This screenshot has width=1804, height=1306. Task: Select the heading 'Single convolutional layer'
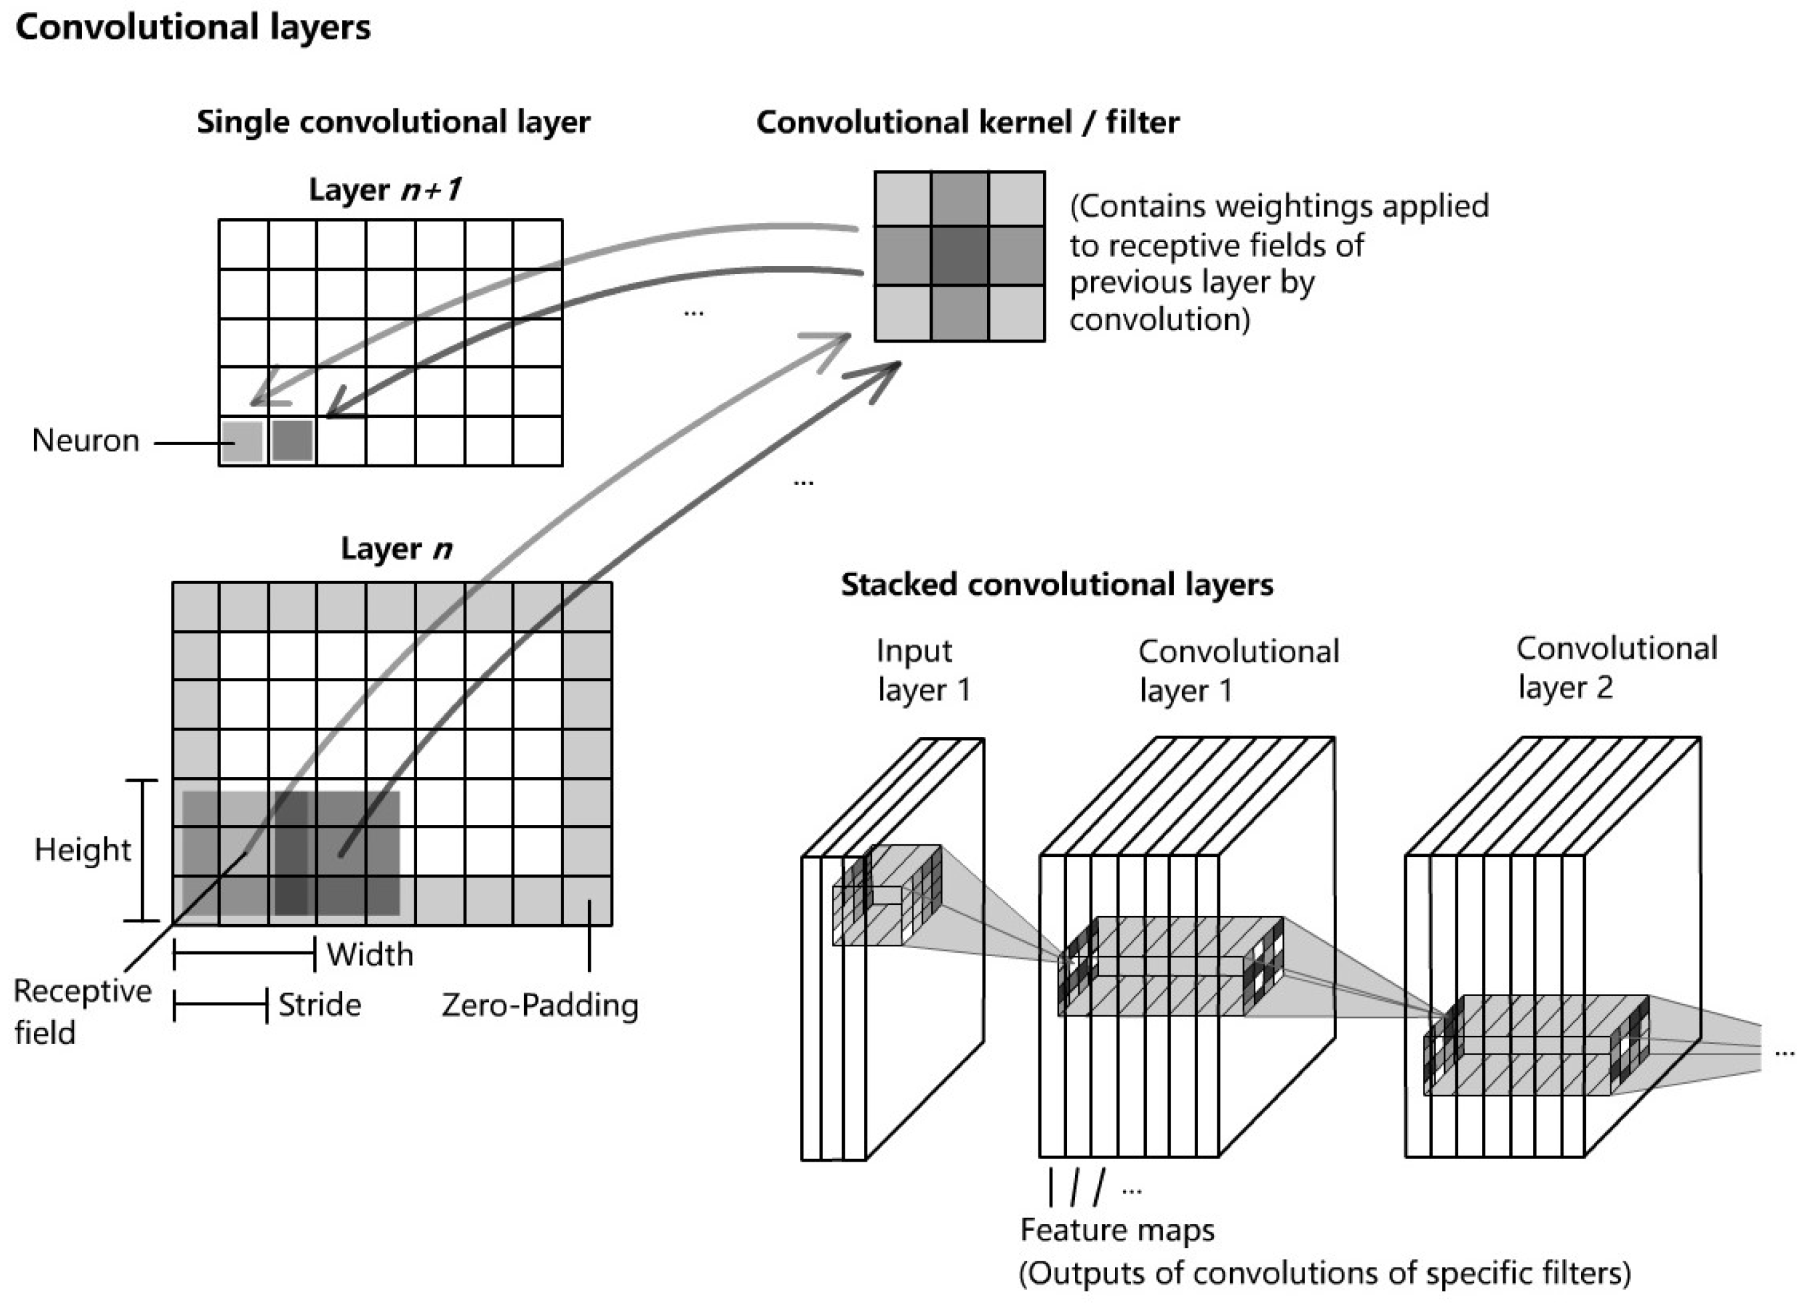pos(393,122)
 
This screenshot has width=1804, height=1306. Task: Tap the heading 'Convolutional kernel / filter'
pos(967,122)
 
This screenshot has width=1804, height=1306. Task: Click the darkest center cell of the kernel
pos(959,256)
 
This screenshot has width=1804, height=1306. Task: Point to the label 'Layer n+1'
pos(385,190)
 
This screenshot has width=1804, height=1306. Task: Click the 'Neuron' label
pos(85,440)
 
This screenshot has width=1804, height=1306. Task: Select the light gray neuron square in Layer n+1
pos(243,441)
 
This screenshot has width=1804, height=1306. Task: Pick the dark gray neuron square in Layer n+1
pos(293,441)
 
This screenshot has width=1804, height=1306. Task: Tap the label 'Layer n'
pos(396,549)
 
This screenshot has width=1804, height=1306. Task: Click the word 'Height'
pos(82,850)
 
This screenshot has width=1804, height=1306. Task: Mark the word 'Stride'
pos(320,1005)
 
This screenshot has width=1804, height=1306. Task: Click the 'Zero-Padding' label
pos(540,1005)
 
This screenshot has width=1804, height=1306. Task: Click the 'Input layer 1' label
pos(923,671)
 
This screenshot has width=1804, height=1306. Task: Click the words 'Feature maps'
pos(1118,1229)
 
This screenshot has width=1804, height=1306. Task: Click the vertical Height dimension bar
pos(143,850)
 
